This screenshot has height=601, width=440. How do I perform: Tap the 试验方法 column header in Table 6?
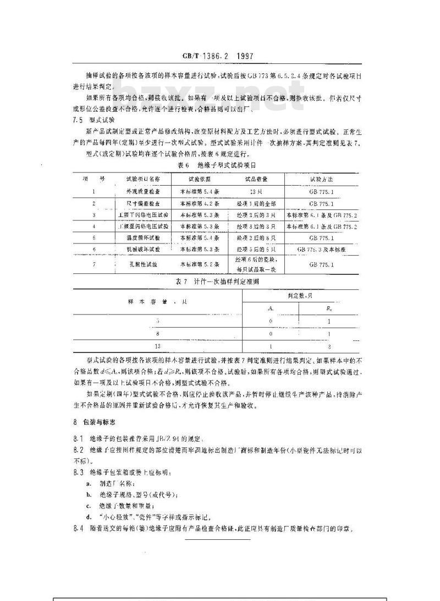pyautogui.click(x=322, y=179)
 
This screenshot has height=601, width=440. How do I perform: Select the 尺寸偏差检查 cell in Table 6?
pyautogui.click(x=143, y=203)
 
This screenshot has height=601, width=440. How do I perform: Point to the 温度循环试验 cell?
pyautogui.click(x=143, y=237)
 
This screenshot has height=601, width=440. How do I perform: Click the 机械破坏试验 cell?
pyautogui.click(x=143, y=249)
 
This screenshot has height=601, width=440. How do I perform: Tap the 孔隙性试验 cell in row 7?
pyautogui.click(x=143, y=264)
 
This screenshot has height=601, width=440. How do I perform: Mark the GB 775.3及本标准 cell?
pyautogui.click(x=322, y=249)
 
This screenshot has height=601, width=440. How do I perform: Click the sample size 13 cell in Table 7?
pyautogui.click(x=158, y=346)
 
